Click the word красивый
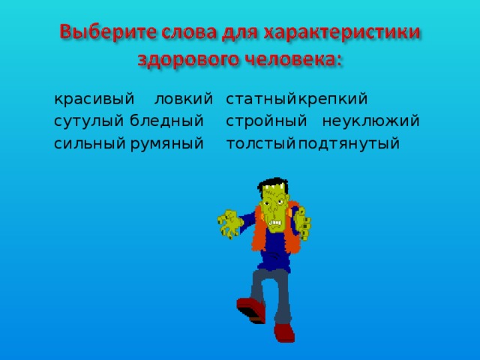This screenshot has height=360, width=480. pyautogui.click(x=94, y=99)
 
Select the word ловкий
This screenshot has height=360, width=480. pyautogui.click(x=183, y=99)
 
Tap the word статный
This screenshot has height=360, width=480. pyautogui.click(x=260, y=99)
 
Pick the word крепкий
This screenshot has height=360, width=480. pyautogui.click(x=331, y=99)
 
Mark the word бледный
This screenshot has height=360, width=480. pyautogui.click(x=166, y=121)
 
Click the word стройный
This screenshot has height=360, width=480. pyautogui.click(x=266, y=121)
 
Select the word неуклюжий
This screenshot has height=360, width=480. pyautogui.click(x=370, y=121)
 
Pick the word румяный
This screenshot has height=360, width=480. pyautogui.click(x=166, y=143)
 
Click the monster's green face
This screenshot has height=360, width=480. pyautogui.click(x=274, y=211)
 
